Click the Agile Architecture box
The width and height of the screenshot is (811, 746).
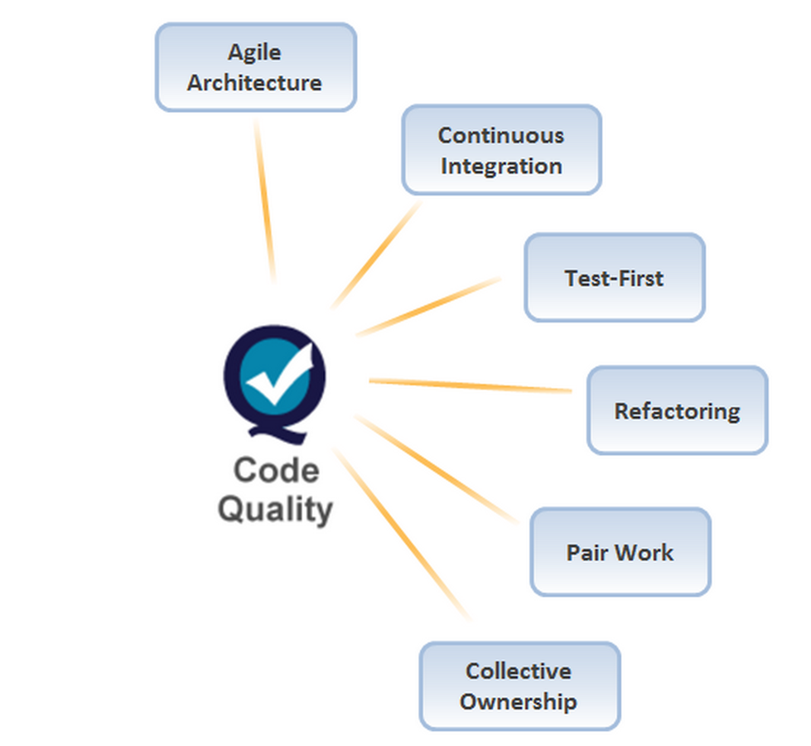255,67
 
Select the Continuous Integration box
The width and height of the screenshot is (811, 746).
501,150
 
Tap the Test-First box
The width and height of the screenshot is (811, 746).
614,278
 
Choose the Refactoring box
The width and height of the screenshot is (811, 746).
677,411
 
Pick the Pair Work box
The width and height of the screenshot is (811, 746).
620,552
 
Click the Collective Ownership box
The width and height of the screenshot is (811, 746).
519,686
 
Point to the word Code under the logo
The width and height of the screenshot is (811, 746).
275,471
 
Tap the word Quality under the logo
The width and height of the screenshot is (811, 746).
275,508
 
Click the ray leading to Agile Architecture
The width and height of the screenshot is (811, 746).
264,199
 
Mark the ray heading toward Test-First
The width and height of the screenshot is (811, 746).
429,307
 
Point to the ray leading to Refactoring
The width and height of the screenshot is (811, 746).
470,385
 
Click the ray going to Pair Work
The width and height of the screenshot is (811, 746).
437,468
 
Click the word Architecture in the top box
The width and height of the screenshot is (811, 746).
254,83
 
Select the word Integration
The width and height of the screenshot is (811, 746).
501,166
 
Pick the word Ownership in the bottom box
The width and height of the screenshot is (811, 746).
519,701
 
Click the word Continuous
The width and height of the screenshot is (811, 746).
501,135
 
